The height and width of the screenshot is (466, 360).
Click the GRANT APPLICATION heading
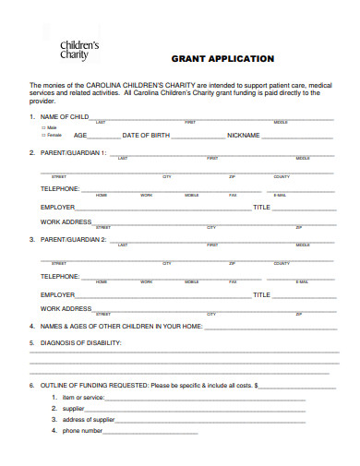coord(222,58)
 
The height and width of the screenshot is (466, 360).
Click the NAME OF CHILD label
coord(65,117)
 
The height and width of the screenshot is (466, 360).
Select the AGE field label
coord(80,135)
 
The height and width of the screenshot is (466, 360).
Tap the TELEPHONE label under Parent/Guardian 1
coord(59,188)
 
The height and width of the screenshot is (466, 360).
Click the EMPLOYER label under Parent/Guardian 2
coord(57,294)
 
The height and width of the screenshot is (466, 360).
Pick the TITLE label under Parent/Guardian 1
coord(261,207)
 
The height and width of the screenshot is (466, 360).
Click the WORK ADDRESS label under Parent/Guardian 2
coord(65,309)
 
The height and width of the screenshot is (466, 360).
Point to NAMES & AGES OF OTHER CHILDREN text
coord(120,327)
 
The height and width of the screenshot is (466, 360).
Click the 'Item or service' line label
coord(84,397)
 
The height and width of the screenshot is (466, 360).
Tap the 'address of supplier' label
coord(90,419)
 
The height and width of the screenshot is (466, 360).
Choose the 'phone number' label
coord(83,431)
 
